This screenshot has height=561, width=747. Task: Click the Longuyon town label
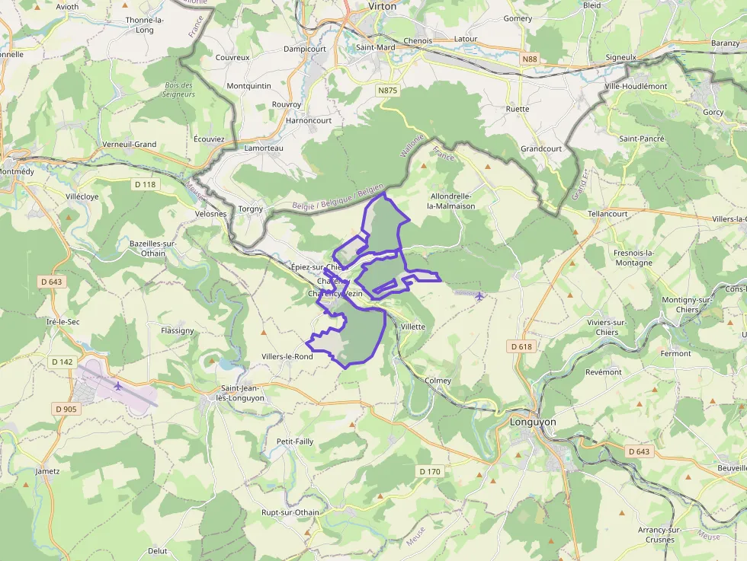coord(534,422)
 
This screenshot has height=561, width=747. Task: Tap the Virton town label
coord(382,6)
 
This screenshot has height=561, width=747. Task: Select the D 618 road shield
coord(521,346)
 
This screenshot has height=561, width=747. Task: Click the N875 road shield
coord(387,90)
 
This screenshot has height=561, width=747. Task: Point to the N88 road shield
coord(530,58)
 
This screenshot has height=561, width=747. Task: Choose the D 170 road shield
coord(429,472)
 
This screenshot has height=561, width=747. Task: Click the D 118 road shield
coord(144,184)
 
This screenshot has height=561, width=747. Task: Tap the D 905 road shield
coord(66,410)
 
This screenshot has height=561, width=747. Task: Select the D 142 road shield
coord(63,362)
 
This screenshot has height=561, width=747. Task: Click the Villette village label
coord(412,327)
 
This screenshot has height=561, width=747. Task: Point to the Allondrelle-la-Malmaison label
coord(452,201)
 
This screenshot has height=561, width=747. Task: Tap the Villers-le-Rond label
coord(287,356)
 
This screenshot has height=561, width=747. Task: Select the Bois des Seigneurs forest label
coord(179,90)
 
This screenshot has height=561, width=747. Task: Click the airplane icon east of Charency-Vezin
coord(479,296)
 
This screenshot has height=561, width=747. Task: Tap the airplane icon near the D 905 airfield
coord(118,387)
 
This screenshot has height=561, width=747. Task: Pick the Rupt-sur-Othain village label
coord(290,512)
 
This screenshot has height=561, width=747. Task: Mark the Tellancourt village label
coord(608,214)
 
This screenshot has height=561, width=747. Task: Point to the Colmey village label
coord(438,381)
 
